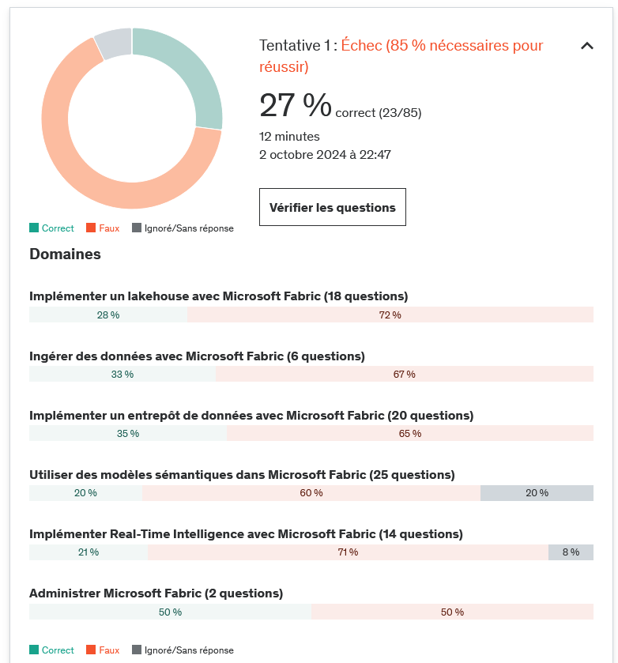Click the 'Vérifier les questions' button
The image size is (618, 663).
pyautogui.click(x=332, y=207)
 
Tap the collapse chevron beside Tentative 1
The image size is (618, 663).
pyautogui.click(x=586, y=46)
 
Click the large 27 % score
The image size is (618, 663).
pyautogui.click(x=296, y=105)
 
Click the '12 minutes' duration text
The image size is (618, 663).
pyautogui.click(x=289, y=137)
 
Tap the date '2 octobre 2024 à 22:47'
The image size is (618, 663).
pyautogui.click(x=325, y=155)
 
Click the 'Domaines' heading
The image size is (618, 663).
pyautogui.click(x=65, y=254)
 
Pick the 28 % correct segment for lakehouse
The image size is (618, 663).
pyautogui.click(x=108, y=315)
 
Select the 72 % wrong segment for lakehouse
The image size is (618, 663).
pyautogui.click(x=390, y=315)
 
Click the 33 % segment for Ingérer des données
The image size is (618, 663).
pyautogui.click(x=122, y=374)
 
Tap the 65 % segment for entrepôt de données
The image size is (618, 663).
pyautogui.click(x=409, y=433)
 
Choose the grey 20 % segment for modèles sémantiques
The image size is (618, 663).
pyautogui.click(x=537, y=492)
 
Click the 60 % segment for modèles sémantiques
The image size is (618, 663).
pyautogui.click(x=311, y=492)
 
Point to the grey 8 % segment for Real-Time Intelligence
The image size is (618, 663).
pyautogui.click(x=571, y=552)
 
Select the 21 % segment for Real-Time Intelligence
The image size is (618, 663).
pyautogui.click(x=89, y=552)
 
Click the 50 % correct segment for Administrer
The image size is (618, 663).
pyautogui.click(x=170, y=612)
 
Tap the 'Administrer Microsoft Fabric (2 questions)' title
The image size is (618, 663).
pyautogui.click(x=156, y=593)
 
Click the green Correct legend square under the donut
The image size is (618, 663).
pyautogui.click(x=34, y=228)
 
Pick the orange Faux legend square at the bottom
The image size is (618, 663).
pyautogui.click(x=92, y=650)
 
